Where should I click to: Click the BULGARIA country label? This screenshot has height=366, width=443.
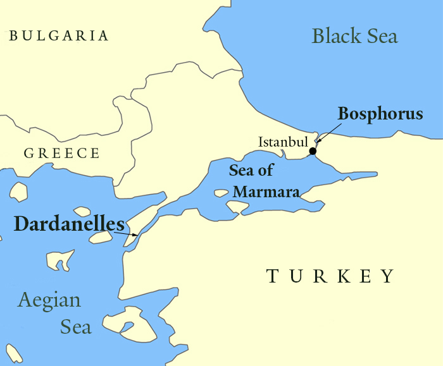coord(59,36)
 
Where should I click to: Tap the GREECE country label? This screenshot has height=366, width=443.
coord(62,153)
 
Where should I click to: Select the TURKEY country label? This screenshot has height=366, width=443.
coord(330,276)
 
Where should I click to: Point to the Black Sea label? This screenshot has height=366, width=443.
coord(355,35)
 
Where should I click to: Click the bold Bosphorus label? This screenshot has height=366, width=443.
coord(380,114)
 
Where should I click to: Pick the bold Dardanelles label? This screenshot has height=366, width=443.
coord(68,224)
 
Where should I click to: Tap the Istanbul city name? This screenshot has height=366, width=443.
coord(282,142)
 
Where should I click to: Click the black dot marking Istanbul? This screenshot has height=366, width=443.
coord(313,150)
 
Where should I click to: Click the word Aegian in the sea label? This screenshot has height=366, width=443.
coord(49,300)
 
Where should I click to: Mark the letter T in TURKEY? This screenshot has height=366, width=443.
coord(272,276)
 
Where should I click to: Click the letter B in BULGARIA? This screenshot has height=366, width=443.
coord(13,36)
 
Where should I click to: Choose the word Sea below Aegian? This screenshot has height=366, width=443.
coord(76,327)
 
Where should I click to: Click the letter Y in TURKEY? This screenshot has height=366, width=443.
coord(387,276)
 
